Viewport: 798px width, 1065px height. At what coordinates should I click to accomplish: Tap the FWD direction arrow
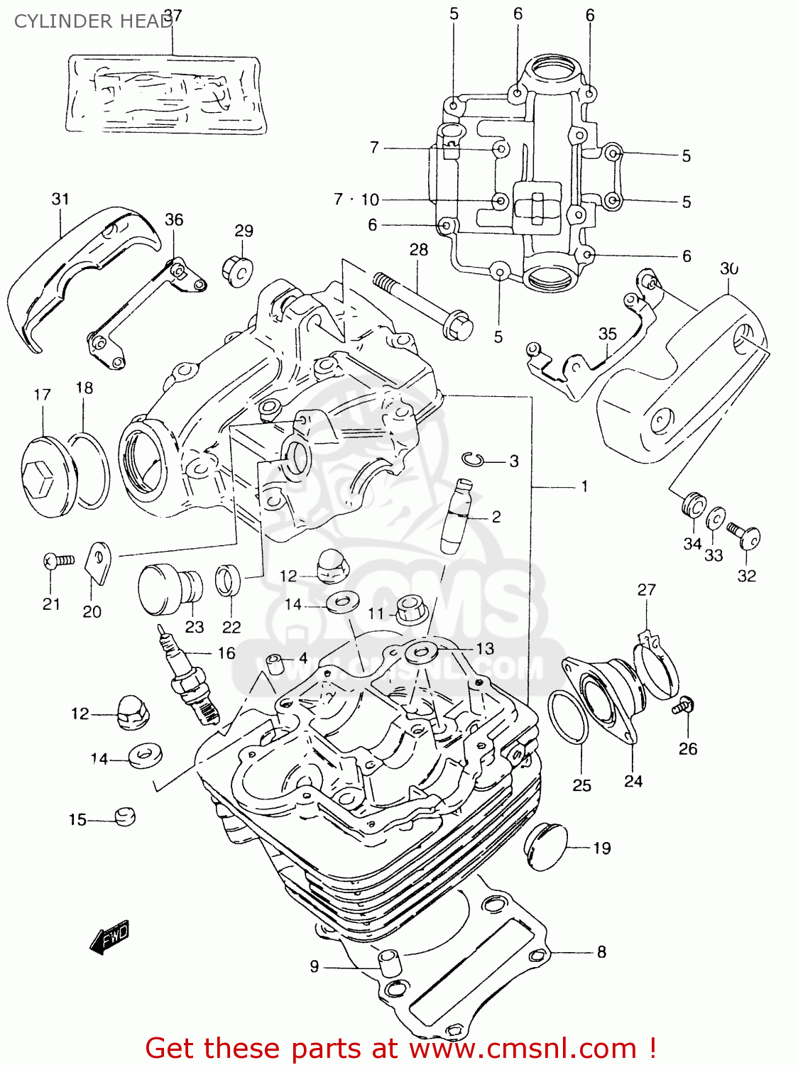pos(110,938)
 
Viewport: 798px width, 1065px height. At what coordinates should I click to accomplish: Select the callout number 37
pos(173,15)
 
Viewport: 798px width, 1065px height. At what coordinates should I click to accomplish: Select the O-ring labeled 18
pos(91,472)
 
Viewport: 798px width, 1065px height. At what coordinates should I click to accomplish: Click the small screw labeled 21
pos(58,561)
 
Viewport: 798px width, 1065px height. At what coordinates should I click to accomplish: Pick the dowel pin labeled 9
pos(388,964)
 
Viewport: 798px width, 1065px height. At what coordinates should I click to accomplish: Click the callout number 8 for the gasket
pos(601,952)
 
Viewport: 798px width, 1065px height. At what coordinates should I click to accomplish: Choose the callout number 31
pos(60,199)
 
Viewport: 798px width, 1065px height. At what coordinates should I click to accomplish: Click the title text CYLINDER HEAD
pos(92,21)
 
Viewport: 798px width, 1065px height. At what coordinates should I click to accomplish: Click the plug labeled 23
pos(169,589)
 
